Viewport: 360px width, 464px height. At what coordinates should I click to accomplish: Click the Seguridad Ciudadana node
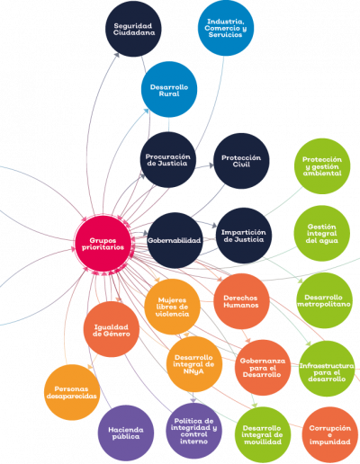(x=133, y=29)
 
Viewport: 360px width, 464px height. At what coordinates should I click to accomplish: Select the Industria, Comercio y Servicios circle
(x=226, y=28)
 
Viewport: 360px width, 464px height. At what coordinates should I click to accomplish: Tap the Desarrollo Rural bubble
(x=169, y=90)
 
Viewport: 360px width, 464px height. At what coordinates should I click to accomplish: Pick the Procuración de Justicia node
(x=168, y=160)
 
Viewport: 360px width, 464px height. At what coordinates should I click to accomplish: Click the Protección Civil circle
(x=241, y=161)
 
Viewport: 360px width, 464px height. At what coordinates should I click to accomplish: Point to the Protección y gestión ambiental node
(x=322, y=166)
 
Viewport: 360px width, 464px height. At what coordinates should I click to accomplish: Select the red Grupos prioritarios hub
(x=103, y=244)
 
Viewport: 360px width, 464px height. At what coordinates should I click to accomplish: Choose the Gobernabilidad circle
(x=175, y=240)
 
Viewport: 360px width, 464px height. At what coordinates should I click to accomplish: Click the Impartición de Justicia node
(x=244, y=236)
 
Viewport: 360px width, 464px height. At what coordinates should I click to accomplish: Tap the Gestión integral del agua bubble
(x=322, y=234)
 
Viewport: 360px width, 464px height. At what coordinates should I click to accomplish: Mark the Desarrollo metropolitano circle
(x=324, y=300)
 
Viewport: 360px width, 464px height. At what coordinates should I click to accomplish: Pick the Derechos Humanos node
(x=241, y=301)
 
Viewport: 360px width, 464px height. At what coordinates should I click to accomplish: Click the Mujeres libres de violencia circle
(x=172, y=307)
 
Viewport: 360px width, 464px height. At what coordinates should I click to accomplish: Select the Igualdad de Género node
(x=112, y=329)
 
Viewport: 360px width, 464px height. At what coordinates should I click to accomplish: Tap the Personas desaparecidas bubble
(x=72, y=392)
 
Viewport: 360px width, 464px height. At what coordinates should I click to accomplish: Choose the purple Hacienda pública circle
(x=126, y=433)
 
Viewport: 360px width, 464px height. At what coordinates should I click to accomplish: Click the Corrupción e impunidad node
(x=330, y=434)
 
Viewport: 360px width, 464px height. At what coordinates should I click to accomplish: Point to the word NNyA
(x=193, y=371)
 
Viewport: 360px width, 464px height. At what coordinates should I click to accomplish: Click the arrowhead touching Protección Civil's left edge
(x=211, y=165)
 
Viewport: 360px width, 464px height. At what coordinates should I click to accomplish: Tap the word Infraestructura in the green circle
(x=327, y=366)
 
